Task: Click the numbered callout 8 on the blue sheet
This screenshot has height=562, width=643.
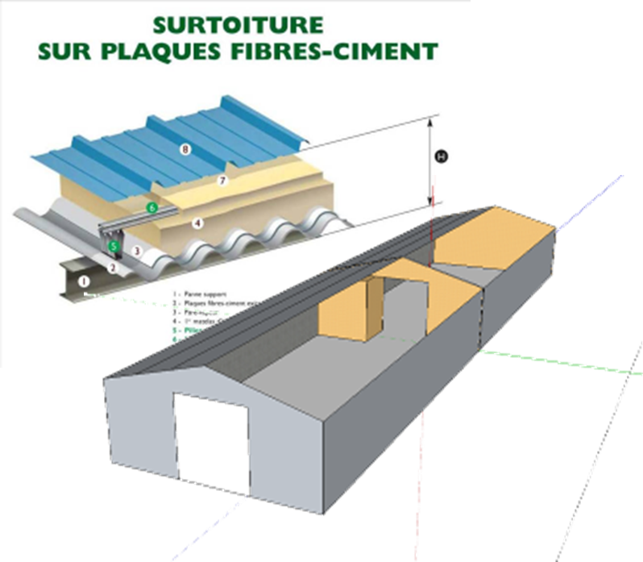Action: click(x=186, y=149)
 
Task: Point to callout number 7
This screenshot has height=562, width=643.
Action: click(x=223, y=181)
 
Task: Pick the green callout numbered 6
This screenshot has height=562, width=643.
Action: click(x=151, y=207)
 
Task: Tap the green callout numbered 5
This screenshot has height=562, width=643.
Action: click(x=114, y=245)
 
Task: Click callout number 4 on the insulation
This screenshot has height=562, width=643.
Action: click(x=197, y=222)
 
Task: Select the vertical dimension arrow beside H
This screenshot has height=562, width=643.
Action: click(x=432, y=161)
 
